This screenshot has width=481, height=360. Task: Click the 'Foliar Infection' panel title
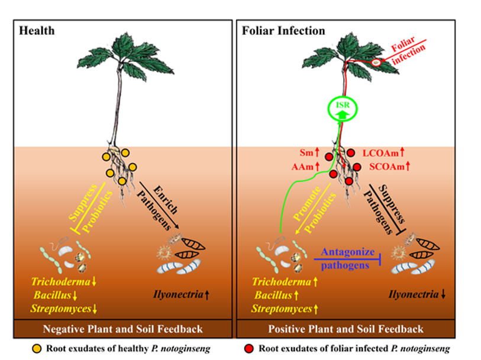tap(283, 31)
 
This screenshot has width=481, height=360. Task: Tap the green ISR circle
tap(341, 108)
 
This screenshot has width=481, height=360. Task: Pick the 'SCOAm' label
tap(383, 167)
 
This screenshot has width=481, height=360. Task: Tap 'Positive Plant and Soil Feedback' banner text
tap(346, 329)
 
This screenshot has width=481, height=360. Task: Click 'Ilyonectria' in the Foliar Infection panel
tap(412, 294)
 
